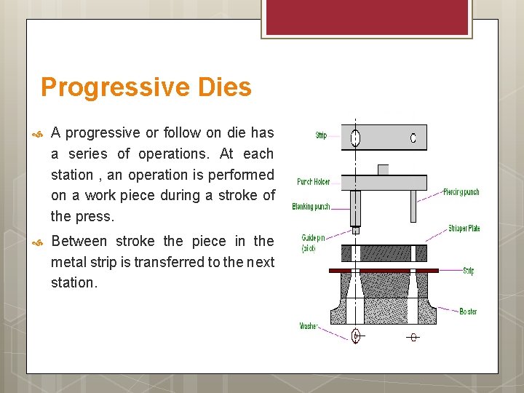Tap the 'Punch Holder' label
pyautogui.click(x=313, y=182)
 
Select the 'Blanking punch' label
pyautogui.click(x=311, y=207)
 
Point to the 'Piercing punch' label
pyautogui.click(x=461, y=192)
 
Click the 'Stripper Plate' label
pyautogui.click(x=464, y=229)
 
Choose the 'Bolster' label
pyautogui.click(x=468, y=311)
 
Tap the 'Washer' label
pyautogui.click(x=309, y=326)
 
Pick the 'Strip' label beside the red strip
pyautogui.click(x=468, y=271)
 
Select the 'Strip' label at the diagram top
pyautogui.click(x=321, y=135)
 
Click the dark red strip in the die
pyautogui.click(x=384, y=270)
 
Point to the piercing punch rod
pyautogui.click(x=413, y=206)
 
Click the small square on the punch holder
pyautogui.click(x=383, y=170)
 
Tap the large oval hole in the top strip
pyautogui.click(x=355, y=138)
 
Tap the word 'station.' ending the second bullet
pyautogui.click(x=74, y=282)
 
